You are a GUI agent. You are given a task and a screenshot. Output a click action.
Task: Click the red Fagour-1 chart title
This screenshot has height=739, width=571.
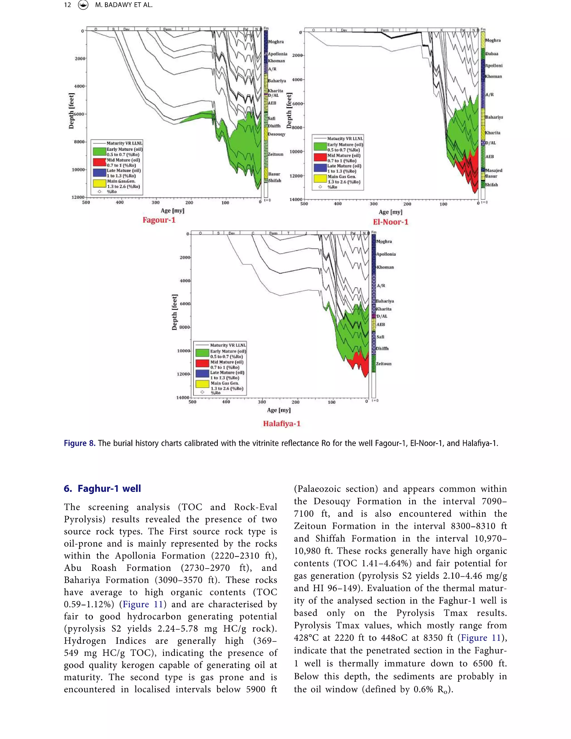tap(159, 220)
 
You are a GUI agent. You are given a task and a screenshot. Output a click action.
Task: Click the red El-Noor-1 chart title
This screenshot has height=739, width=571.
tap(390, 222)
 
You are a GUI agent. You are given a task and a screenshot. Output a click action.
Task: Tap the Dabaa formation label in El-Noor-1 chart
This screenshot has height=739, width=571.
tap(492, 54)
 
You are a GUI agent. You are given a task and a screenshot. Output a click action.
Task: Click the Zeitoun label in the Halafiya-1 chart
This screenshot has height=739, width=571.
tap(384, 364)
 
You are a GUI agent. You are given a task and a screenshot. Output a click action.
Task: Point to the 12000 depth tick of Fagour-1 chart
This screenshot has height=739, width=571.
tap(78, 197)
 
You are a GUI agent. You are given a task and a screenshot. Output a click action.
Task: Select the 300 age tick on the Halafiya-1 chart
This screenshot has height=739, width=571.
tap(262, 402)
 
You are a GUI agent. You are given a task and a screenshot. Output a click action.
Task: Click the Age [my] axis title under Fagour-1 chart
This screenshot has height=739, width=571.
tap(172, 211)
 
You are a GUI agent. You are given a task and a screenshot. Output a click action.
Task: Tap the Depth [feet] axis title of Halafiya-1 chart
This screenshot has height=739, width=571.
tap(175, 312)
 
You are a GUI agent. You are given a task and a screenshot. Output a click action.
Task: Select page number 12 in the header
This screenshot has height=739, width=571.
tap(67, 5)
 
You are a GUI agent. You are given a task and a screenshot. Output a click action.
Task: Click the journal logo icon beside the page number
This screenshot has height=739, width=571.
tap(83, 5)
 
